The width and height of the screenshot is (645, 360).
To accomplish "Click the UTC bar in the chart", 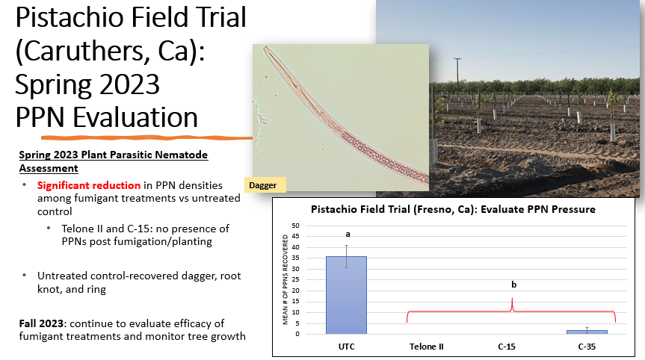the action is pyautogui.click(x=346, y=295).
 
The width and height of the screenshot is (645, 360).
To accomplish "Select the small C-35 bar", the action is pyautogui.click(x=587, y=332).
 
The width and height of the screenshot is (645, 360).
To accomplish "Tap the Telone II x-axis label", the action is pyautogui.click(x=427, y=347).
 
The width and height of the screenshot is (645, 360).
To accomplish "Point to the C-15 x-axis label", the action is pyautogui.click(x=507, y=347).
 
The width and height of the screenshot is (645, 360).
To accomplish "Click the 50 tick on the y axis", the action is pyautogui.click(x=295, y=226).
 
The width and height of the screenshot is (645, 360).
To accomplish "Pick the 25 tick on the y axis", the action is pyautogui.click(x=295, y=280).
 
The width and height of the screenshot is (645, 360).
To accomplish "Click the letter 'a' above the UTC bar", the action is pyautogui.click(x=348, y=235).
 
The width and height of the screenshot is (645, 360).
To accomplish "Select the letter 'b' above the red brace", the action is pyautogui.click(x=513, y=285).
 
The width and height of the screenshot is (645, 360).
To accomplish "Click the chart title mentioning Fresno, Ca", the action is pyautogui.click(x=453, y=209).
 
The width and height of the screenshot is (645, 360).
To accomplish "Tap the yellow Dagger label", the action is pyautogui.click(x=265, y=185).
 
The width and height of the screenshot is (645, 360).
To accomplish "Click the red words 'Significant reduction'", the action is pyautogui.click(x=89, y=185).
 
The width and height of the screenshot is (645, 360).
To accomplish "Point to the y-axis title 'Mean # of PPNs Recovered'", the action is pyautogui.click(x=285, y=279).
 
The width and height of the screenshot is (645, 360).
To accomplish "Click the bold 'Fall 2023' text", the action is pyautogui.click(x=41, y=323).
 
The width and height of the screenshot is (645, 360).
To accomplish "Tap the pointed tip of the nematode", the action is pyautogui.click(x=265, y=47).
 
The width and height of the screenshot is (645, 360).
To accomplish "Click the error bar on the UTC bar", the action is pyautogui.click(x=346, y=256).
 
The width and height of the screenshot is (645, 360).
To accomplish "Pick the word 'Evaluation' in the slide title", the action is pyautogui.click(x=135, y=117).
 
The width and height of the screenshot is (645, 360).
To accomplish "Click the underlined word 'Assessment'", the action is pyautogui.click(x=49, y=169).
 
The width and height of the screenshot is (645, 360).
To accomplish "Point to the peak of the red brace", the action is pyautogui.click(x=512, y=298).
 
